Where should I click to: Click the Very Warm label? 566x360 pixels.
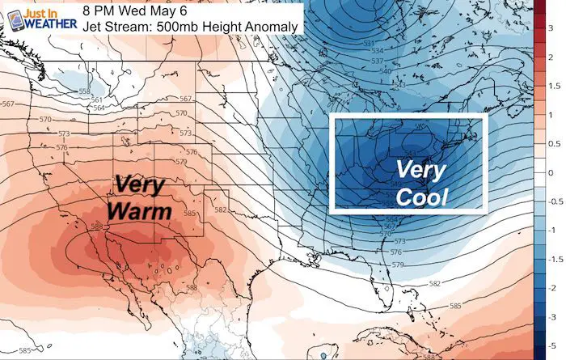(x=142, y=197)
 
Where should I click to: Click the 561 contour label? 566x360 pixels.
(x=96, y=100)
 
